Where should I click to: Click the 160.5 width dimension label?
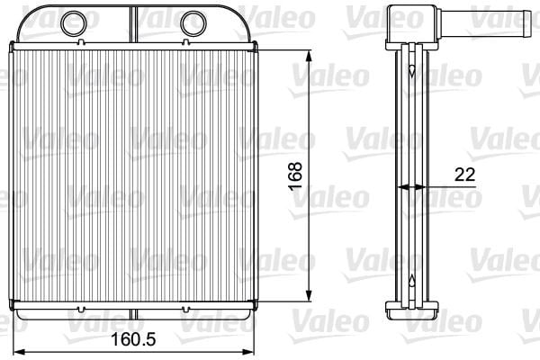[133, 339]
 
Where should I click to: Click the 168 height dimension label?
[295, 176]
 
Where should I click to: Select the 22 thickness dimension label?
[465, 175]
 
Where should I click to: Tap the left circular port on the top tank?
[74, 23]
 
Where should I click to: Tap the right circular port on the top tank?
[193, 23]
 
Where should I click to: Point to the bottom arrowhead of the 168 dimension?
[309, 295]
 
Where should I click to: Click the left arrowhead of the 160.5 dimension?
[19, 352]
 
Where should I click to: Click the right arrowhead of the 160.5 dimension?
[247, 352]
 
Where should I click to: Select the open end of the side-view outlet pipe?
[526, 23]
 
